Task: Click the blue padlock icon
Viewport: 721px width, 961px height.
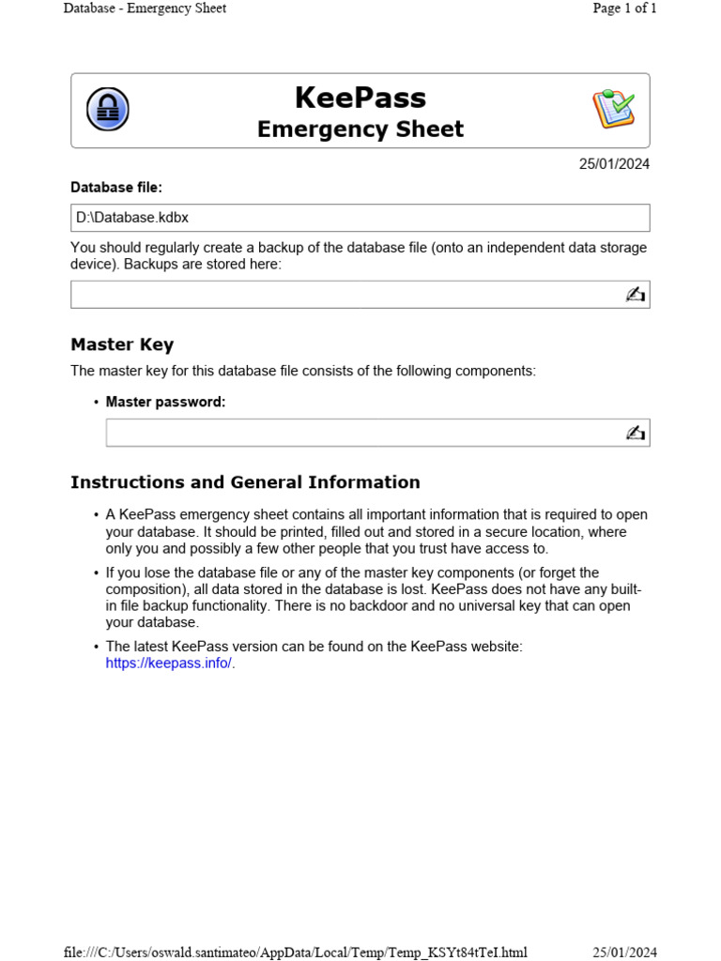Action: tap(108, 110)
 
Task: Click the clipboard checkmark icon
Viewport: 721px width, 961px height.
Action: tap(613, 110)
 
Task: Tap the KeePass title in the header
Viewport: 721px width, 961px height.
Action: tap(360, 98)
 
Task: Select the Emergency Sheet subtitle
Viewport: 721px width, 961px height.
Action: tap(360, 130)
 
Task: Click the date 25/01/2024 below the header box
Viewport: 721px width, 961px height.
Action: tap(614, 164)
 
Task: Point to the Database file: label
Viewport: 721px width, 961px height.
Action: tap(116, 188)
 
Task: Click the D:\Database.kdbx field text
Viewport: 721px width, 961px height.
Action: tap(132, 218)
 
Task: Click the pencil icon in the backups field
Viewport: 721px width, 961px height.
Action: tap(636, 295)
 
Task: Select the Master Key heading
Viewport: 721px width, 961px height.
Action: tap(122, 344)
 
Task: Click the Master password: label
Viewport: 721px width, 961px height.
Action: tap(165, 402)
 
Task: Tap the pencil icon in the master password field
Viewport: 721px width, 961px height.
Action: tap(636, 433)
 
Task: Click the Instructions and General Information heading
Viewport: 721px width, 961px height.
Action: tap(245, 482)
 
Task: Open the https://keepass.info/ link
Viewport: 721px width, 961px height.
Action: tap(169, 664)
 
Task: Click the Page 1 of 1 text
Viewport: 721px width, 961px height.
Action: tap(624, 8)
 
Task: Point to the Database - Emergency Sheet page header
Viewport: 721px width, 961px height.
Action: tap(145, 8)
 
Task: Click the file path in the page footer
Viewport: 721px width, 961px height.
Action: tap(295, 953)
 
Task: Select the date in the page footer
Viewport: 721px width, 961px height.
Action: tap(624, 953)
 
